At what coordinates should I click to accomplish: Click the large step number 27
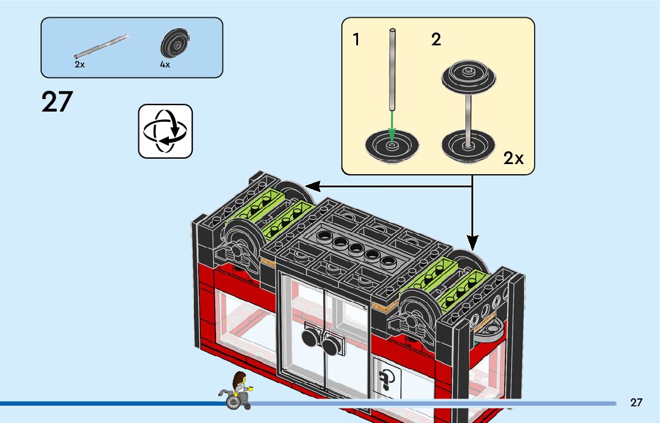tap(57, 102)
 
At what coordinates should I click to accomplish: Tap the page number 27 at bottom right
tap(636, 403)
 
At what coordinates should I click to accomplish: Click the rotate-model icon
tap(165, 131)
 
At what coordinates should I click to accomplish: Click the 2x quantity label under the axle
tap(79, 64)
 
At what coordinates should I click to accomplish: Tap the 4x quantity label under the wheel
tap(165, 64)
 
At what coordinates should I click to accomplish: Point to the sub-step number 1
tap(356, 40)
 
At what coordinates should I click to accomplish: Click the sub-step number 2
tap(436, 40)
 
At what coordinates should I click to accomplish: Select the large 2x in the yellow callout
tap(513, 158)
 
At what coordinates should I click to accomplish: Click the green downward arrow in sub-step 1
tap(391, 126)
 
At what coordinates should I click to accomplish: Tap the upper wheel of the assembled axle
tap(469, 78)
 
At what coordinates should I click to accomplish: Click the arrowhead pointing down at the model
tap(473, 242)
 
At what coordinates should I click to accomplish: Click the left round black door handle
tap(310, 338)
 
